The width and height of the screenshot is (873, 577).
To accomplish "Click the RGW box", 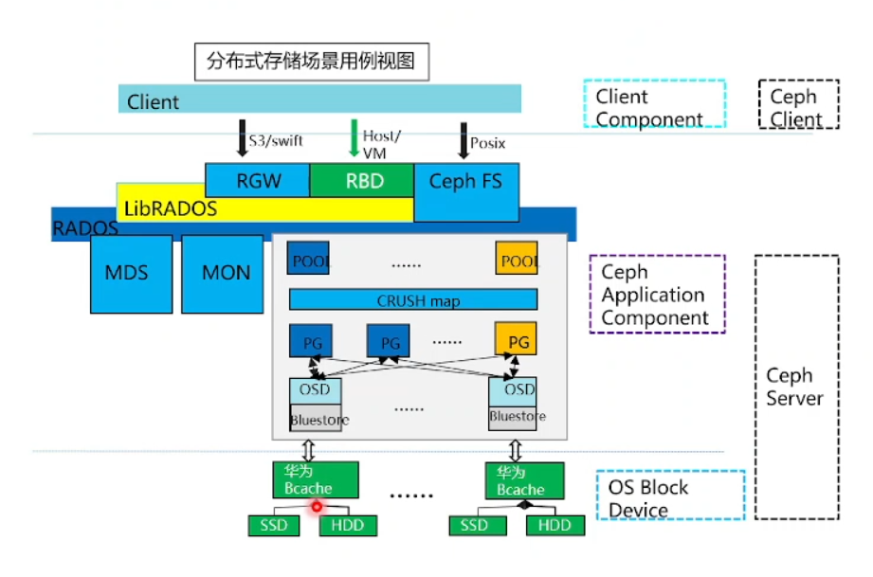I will tap(257, 181).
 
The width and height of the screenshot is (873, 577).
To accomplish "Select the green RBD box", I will tap(361, 181).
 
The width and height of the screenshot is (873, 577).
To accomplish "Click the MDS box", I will tap(126, 273).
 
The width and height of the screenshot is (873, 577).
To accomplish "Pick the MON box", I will tap(226, 273).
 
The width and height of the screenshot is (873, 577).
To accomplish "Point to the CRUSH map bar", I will tap(412, 300).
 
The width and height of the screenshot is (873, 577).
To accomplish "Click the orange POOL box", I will tap(517, 259).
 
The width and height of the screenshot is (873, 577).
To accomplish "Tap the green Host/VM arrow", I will tap(354, 138).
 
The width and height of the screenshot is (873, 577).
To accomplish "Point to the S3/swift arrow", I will tap(242, 139).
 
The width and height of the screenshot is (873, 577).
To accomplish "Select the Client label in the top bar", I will tap(153, 101).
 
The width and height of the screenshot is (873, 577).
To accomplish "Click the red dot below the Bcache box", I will tap(317, 507).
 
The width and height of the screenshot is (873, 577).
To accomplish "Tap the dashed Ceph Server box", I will tap(796, 387).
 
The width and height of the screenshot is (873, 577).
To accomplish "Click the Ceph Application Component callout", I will tap(656, 294).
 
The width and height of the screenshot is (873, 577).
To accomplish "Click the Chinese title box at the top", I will tap(311, 63).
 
